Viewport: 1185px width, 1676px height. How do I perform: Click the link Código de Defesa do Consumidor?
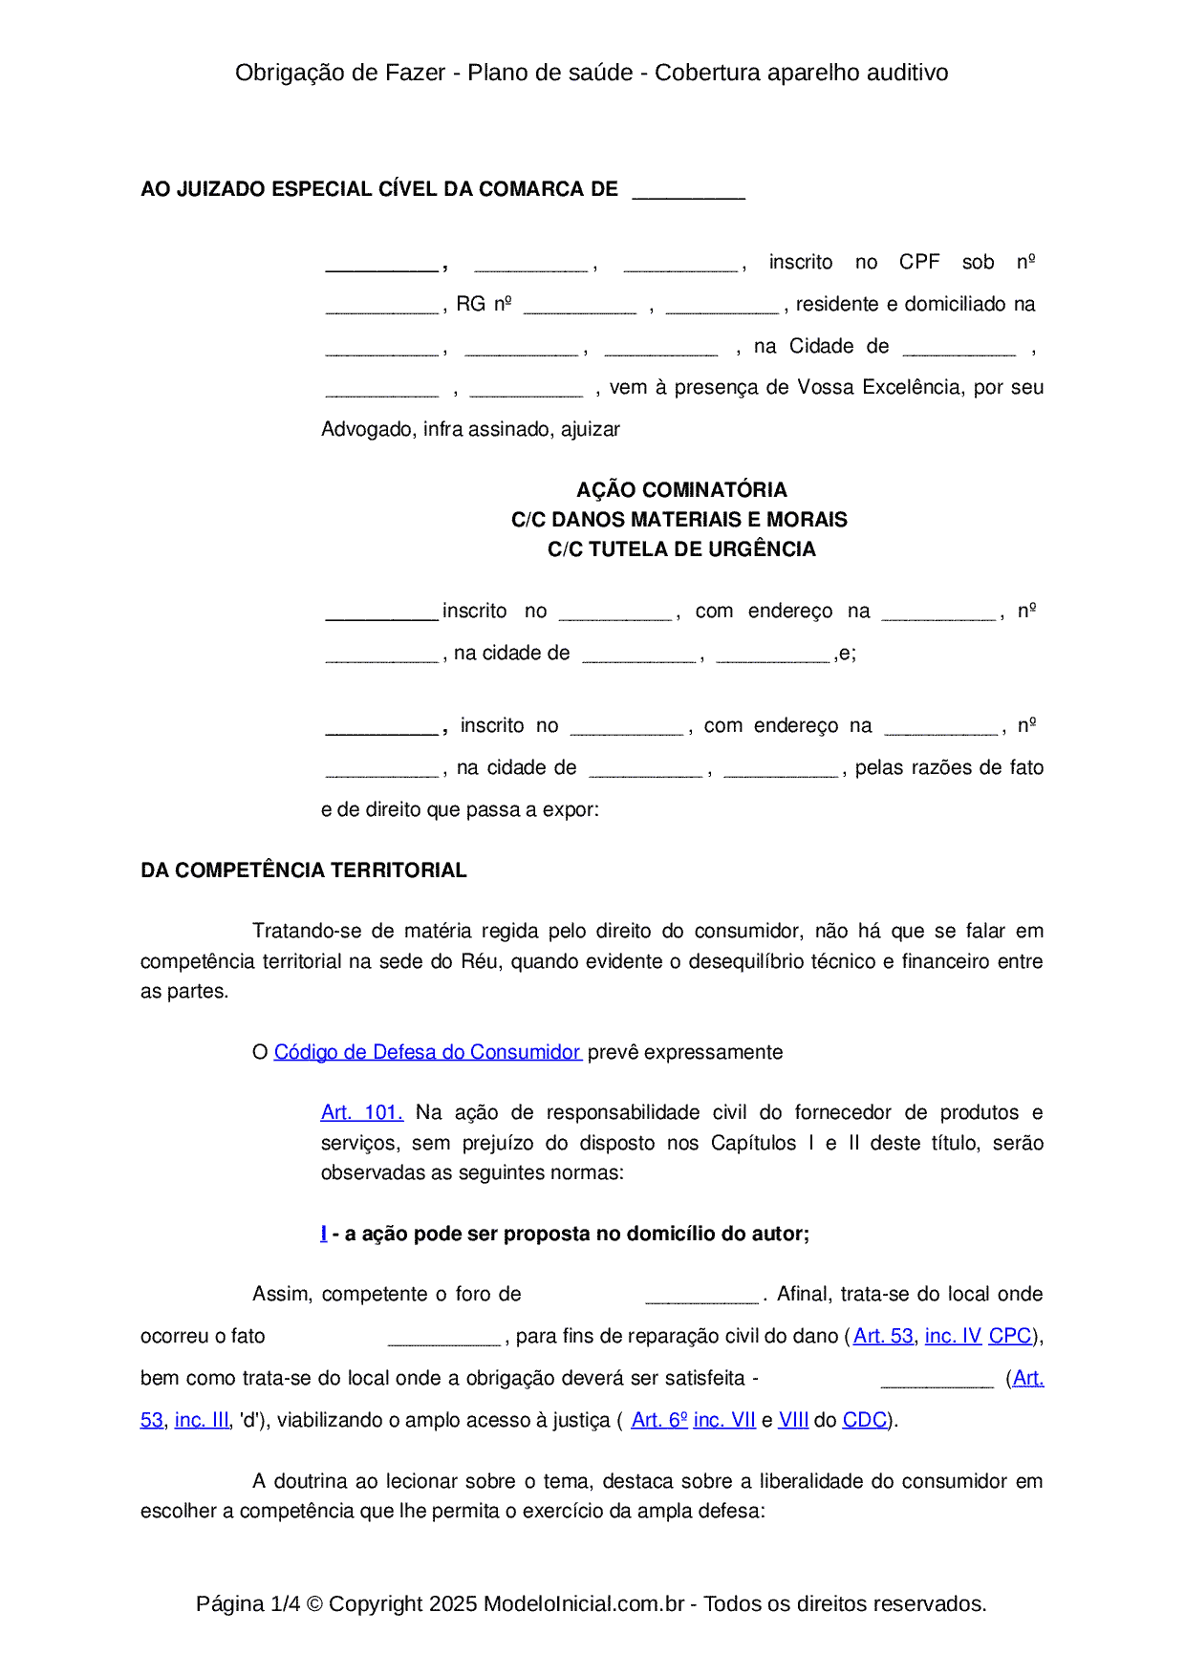(x=426, y=1052)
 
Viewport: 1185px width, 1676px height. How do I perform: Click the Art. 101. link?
(x=361, y=1112)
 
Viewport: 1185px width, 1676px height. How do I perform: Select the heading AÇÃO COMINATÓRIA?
(x=681, y=490)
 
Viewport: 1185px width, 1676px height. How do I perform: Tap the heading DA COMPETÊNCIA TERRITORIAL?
(x=303, y=870)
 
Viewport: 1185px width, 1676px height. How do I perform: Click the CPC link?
(x=1009, y=1336)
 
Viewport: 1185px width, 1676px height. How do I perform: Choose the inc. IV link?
(x=953, y=1336)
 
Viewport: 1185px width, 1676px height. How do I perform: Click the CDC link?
(x=864, y=1420)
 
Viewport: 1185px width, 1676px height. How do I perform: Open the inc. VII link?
(x=724, y=1420)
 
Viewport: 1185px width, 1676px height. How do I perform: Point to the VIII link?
(x=793, y=1420)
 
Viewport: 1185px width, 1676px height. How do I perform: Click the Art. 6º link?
(x=659, y=1420)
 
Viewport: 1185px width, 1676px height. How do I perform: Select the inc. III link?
(x=202, y=1420)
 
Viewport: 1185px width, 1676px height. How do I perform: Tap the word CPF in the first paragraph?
(x=919, y=262)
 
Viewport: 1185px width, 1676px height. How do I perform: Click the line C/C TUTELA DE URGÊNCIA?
(x=681, y=549)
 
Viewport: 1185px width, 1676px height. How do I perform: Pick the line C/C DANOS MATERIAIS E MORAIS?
(x=679, y=520)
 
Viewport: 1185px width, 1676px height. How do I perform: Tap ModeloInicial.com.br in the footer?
(x=584, y=1603)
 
